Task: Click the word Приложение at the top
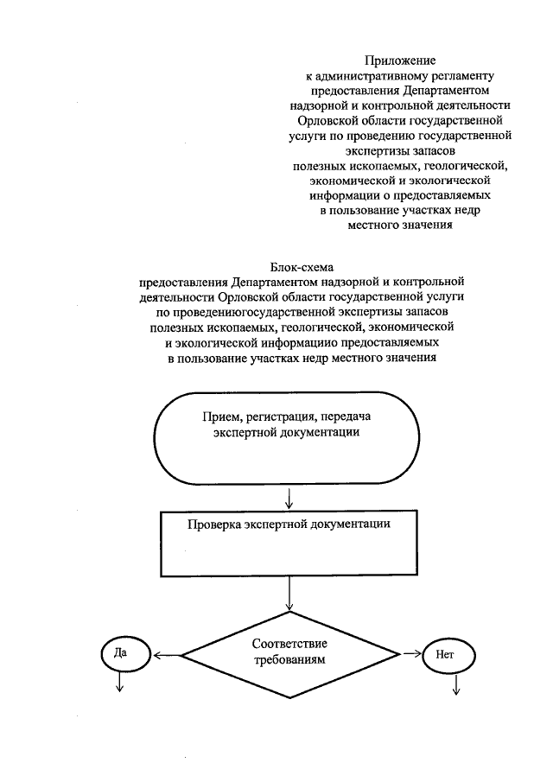399,60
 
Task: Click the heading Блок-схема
302,268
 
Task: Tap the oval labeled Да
120,652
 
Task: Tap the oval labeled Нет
444,655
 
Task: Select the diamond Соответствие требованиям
289,653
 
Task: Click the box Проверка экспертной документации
289,543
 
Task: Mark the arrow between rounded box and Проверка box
289,497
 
